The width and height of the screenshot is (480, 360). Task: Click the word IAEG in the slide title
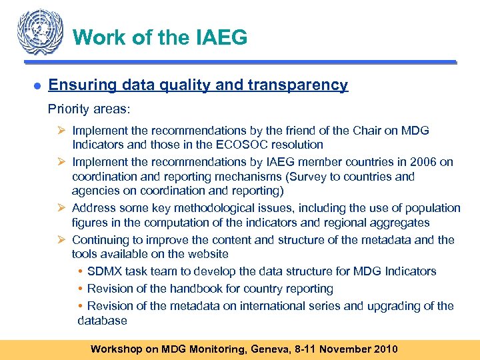click(221, 37)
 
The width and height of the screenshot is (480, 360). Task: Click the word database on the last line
click(102, 321)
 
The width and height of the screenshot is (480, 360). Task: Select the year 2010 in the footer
click(383, 349)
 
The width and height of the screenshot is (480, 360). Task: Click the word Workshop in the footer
click(117, 349)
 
